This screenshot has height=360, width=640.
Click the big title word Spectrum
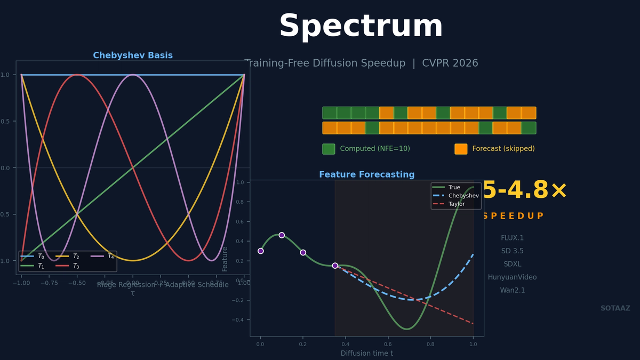[x=361, y=27]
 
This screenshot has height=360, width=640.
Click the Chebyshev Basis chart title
[x=133, y=55]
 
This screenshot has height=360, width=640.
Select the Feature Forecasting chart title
[x=366, y=174]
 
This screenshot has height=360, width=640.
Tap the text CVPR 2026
[x=450, y=63]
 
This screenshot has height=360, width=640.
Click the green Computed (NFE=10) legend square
[x=329, y=149]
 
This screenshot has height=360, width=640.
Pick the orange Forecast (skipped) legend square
[x=461, y=149]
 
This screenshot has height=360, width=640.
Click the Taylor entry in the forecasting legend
[x=456, y=204]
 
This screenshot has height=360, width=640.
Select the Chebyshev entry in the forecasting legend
[x=463, y=196]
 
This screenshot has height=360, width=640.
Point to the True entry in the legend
[x=454, y=188]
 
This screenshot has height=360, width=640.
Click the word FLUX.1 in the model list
[x=512, y=238]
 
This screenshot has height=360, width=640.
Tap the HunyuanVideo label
[x=512, y=277]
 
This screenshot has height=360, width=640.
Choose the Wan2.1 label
[x=512, y=291]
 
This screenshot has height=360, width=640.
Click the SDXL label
[x=512, y=264]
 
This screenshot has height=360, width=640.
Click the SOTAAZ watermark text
[x=615, y=308]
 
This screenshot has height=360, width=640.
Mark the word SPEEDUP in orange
[x=513, y=216]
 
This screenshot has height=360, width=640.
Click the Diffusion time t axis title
[x=367, y=353]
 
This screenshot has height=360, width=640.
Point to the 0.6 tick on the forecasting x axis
[x=388, y=345]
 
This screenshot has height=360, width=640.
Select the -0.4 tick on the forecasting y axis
[x=239, y=320]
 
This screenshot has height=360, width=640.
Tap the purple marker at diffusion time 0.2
[x=303, y=252]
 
